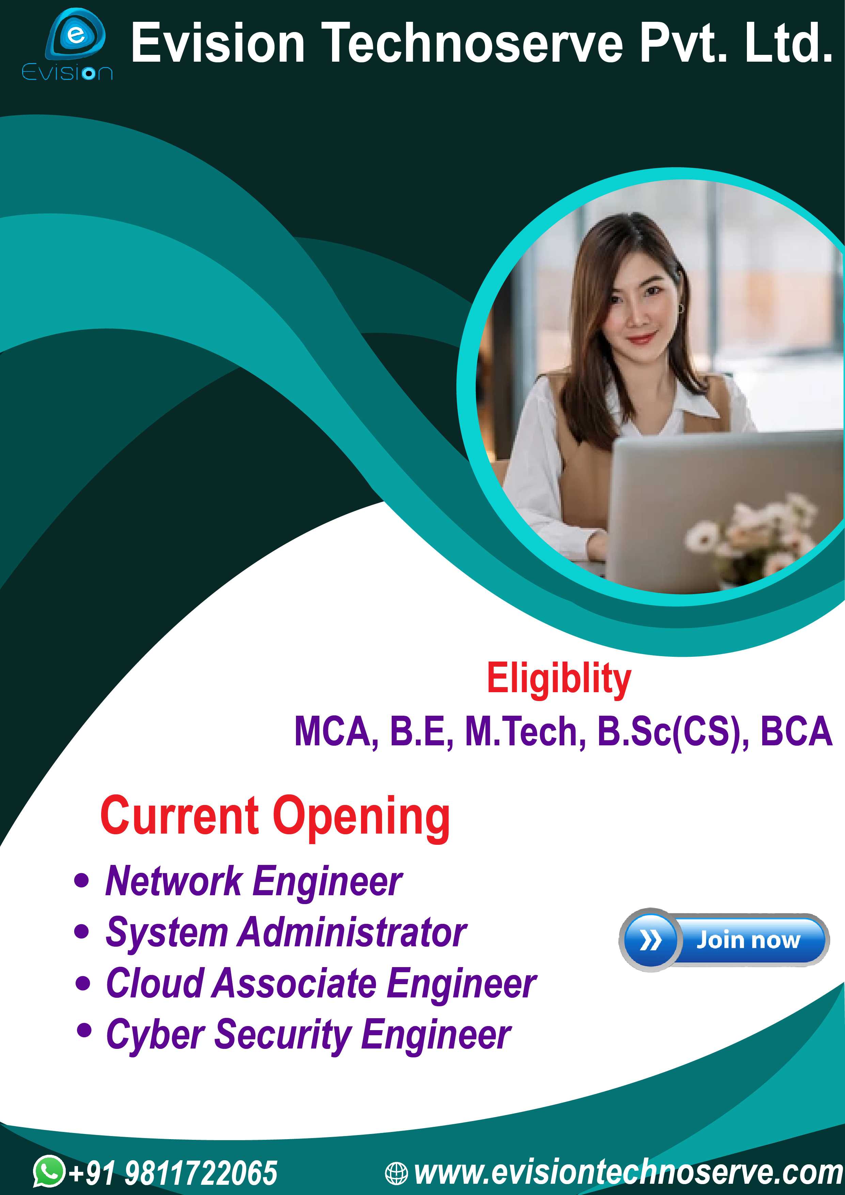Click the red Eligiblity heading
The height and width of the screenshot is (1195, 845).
(559, 680)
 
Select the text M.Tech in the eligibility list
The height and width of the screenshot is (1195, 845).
(526, 731)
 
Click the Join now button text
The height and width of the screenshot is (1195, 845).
(748, 940)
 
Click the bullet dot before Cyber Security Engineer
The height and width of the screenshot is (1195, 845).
(84, 1029)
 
